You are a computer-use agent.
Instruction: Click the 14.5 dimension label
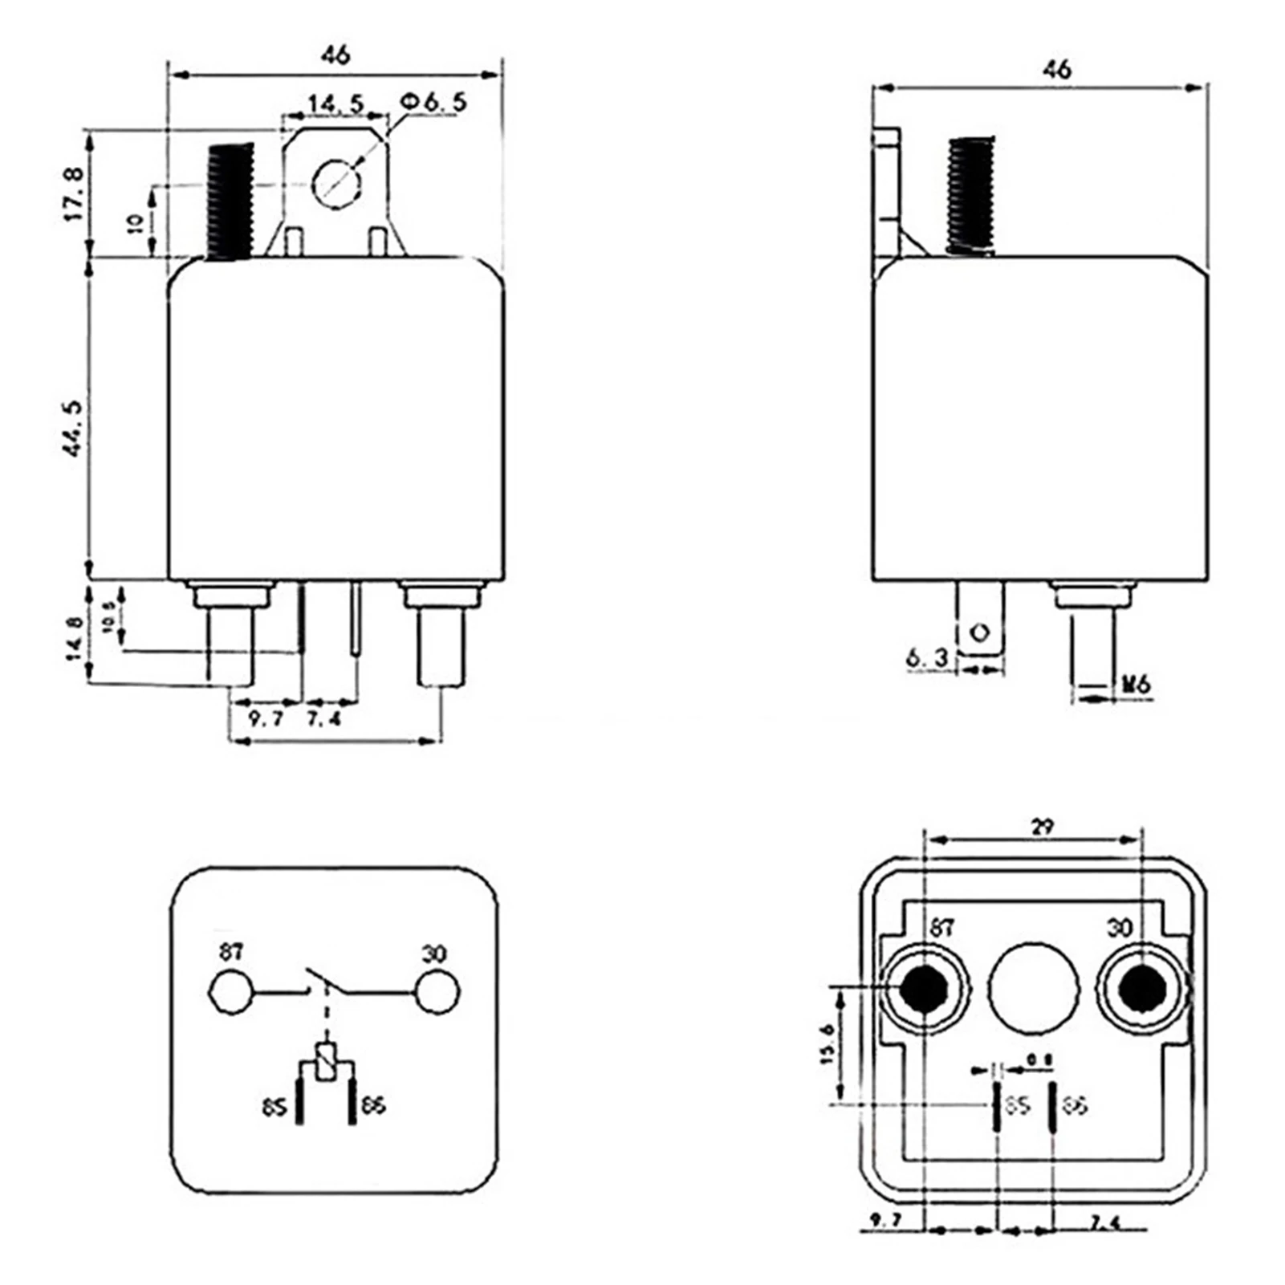click(336, 104)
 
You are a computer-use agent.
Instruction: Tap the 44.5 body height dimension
click(72, 429)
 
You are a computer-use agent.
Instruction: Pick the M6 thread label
click(1136, 684)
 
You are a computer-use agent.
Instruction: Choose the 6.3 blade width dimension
click(927, 658)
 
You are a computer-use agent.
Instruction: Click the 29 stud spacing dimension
click(1042, 826)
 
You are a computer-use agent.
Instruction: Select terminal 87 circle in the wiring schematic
click(230, 992)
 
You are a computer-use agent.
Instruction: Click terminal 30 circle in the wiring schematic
click(437, 992)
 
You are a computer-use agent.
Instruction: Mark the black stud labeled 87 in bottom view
click(921, 987)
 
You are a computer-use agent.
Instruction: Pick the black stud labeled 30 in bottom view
click(1142, 987)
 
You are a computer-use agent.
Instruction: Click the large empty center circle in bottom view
click(1033, 987)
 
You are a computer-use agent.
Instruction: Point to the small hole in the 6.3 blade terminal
click(979, 632)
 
